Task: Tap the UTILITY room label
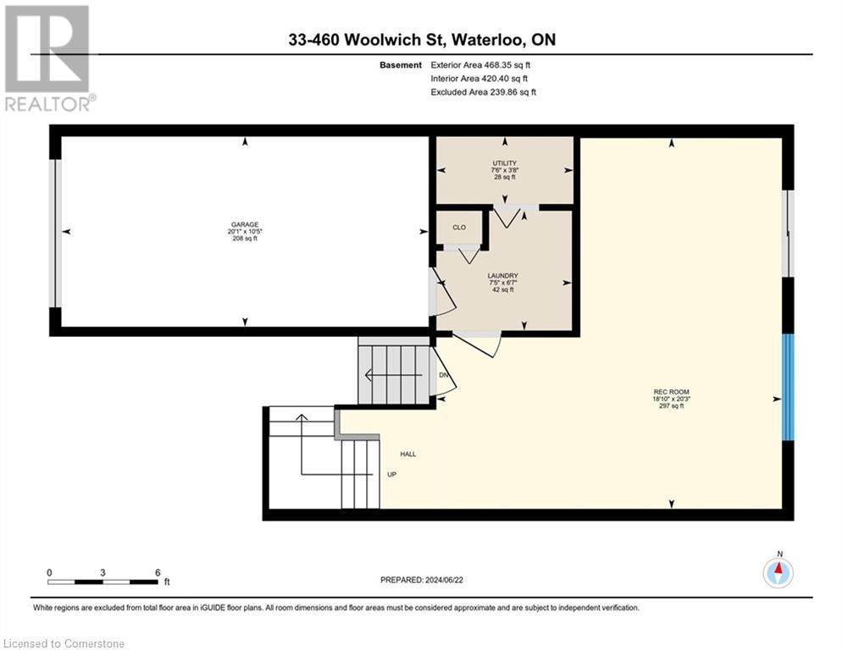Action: pyautogui.click(x=504, y=163)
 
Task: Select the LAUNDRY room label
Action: pyautogui.click(x=502, y=276)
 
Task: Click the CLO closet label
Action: pyautogui.click(x=459, y=227)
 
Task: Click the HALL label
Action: pyautogui.click(x=408, y=454)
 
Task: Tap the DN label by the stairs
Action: pyautogui.click(x=443, y=376)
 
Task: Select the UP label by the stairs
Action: pyautogui.click(x=391, y=475)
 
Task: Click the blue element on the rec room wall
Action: pyautogui.click(x=788, y=387)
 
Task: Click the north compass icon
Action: pyautogui.click(x=778, y=572)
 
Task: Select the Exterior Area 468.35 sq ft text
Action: pyautogui.click(x=480, y=64)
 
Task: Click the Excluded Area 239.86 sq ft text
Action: pyautogui.click(x=483, y=91)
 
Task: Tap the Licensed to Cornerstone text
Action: pyautogui.click(x=64, y=643)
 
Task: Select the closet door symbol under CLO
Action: pyautogui.click(x=464, y=251)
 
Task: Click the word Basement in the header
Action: pyautogui.click(x=401, y=64)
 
